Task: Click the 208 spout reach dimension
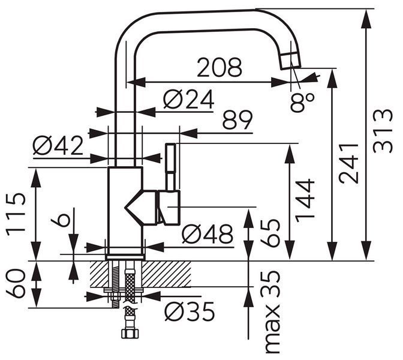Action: (x=219, y=67)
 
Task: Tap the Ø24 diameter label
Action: (x=189, y=99)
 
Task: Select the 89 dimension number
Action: (x=237, y=119)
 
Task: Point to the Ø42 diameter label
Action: (x=58, y=145)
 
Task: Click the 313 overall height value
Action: (x=383, y=131)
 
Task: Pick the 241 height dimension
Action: (x=348, y=164)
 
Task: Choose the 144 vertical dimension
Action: (x=305, y=200)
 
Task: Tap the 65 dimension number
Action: (x=269, y=233)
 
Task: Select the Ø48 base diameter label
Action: (x=207, y=234)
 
